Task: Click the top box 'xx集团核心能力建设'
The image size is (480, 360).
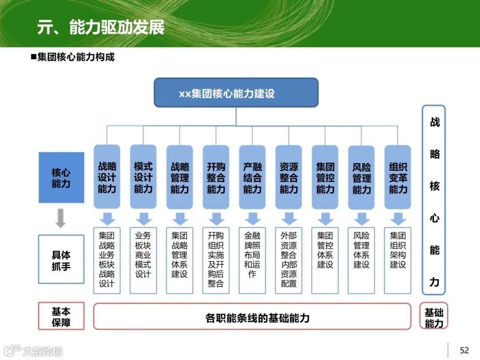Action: pos(236,93)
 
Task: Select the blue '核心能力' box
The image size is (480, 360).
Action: pos(61,178)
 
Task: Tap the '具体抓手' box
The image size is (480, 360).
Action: pos(61,260)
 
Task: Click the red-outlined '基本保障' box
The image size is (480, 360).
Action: pos(61,316)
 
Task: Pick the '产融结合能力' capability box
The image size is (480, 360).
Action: pos(252,177)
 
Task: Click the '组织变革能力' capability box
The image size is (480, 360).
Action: pos(398,177)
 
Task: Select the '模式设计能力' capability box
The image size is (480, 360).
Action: pos(143,177)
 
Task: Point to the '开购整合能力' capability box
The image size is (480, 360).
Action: pos(216,177)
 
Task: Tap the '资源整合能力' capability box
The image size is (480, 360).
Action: pos(289,177)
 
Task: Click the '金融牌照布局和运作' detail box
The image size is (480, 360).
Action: pos(252,260)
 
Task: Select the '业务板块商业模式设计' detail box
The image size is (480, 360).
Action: pos(143,260)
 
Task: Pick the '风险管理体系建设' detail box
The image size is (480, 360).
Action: pos(362,260)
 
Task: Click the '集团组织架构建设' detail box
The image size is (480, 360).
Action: pos(398,260)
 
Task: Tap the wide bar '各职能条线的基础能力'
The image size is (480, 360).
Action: pos(252,316)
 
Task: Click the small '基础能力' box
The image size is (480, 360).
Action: pos(434,316)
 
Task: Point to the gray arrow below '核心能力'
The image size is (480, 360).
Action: pos(61,218)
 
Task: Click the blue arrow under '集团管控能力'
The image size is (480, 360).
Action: pos(325,219)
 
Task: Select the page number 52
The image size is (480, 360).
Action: pos(464,350)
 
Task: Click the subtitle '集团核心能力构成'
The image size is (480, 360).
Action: pos(75,57)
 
